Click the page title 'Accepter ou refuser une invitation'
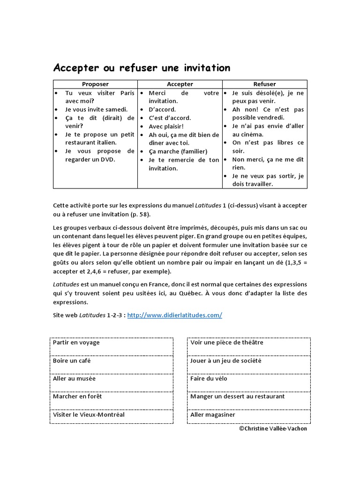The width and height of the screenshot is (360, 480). pyautogui.click(x=142, y=68)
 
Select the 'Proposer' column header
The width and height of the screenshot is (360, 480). pyautogui.click(x=95, y=84)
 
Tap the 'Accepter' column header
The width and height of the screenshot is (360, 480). pyautogui.click(x=180, y=84)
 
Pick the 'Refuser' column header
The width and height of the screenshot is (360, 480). pyautogui.click(x=264, y=84)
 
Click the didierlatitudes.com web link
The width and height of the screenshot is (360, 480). pyautogui.click(x=174, y=315)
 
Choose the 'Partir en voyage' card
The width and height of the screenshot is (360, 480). pyautogui.click(x=111, y=347)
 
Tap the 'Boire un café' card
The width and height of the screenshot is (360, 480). pyautogui.click(x=111, y=365)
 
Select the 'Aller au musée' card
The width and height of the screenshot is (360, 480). pyautogui.click(x=111, y=383)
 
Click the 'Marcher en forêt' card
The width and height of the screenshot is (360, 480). pyautogui.click(x=111, y=401)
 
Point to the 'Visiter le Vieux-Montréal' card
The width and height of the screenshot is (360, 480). pyautogui.click(x=111, y=415)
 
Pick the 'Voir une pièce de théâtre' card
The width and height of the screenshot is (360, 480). pyautogui.click(x=248, y=347)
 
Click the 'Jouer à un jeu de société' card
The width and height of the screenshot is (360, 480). pyautogui.click(x=248, y=365)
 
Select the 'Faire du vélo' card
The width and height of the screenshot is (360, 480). pyautogui.click(x=248, y=383)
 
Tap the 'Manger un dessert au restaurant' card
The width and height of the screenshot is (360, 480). pyautogui.click(x=248, y=401)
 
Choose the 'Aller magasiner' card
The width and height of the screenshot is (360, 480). pyautogui.click(x=248, y=415)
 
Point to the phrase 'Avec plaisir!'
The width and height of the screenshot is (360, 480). pyautogui.click(x=166, y=127)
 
